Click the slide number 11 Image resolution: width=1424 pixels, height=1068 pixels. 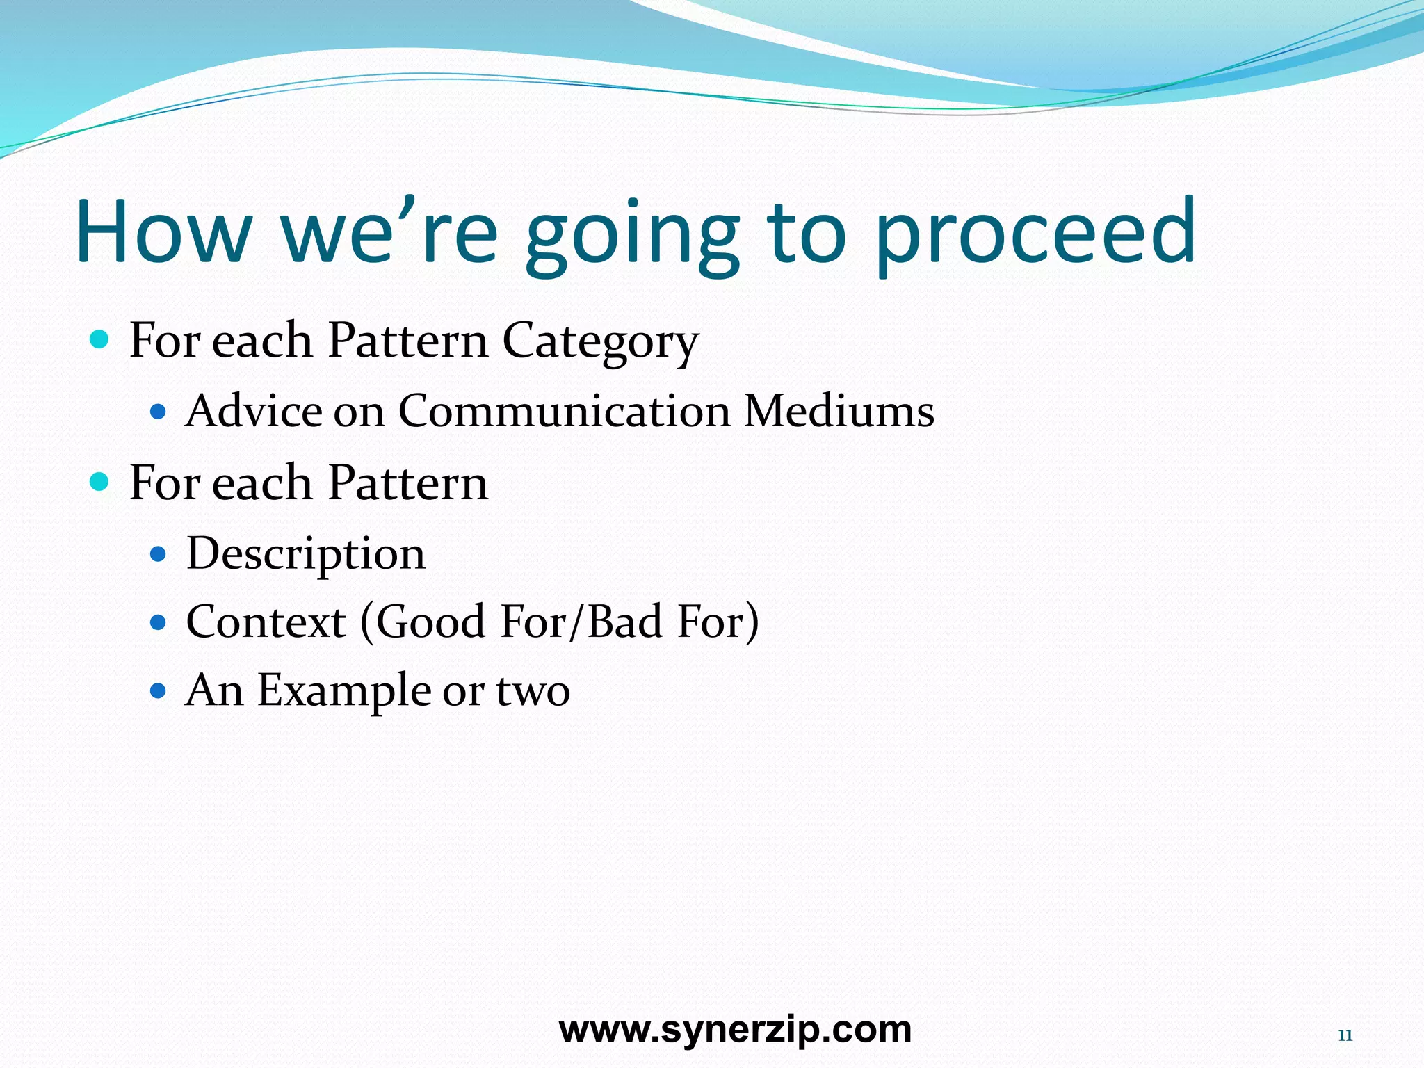tap(1345, 1036)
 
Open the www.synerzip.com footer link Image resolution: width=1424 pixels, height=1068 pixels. tap(735, 1029)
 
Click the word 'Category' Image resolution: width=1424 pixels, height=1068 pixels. tap(600, 342)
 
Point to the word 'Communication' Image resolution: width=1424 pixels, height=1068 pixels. tap(564, 411)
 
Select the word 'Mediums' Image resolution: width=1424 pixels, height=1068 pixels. tap(839, 411)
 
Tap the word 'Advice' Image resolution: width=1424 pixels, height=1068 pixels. tap(254, 411)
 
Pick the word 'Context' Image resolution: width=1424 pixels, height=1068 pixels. tap(266, 622)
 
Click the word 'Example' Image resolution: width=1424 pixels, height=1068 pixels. tap(344, 691)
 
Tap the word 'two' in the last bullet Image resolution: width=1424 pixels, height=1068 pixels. tap(533, 691)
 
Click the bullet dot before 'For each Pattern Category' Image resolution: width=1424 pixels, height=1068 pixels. tap(100, 340)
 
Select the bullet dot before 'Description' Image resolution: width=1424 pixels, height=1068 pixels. tap(159, 554)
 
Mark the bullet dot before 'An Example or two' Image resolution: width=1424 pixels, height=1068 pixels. tap(159, 691)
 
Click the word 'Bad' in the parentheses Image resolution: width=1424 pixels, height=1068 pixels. tap(624, 622)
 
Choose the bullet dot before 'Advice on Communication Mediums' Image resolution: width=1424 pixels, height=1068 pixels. tap(159, 412)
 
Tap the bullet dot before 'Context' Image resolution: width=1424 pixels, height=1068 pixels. tap(159, 622)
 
